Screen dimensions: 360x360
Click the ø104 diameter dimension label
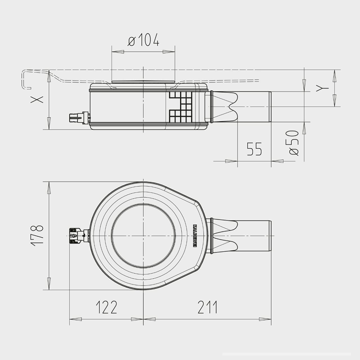pyautogui.click(x=143, y=40)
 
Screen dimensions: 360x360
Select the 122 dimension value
pyautogui.click(x=107, y=307)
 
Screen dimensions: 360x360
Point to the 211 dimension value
pyautogui.click(x=208, y=307)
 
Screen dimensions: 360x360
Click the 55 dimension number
pyautogui.click(x=254, y=149)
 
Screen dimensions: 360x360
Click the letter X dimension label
pyautogui.click(x=37, y=100)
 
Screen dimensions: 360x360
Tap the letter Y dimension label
pyautogui.click(x=322, y=88)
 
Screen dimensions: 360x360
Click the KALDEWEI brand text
pyautogui.click(x=194, y=236)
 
